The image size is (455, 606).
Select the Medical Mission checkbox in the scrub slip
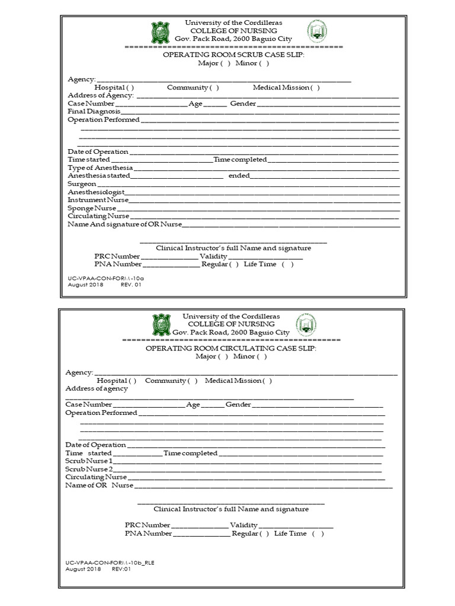[315, 88]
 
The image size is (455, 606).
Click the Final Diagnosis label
[94, 111]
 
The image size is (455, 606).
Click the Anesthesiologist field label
[95, 192]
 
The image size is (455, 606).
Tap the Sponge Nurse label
[92, 208]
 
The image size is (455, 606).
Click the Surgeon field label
[82, 184]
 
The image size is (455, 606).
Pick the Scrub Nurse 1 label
[88, 460]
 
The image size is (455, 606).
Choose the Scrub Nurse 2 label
[89, 469]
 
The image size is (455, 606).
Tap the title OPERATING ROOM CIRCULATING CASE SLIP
[231, 349]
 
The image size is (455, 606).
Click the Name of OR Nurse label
[100, 485]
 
